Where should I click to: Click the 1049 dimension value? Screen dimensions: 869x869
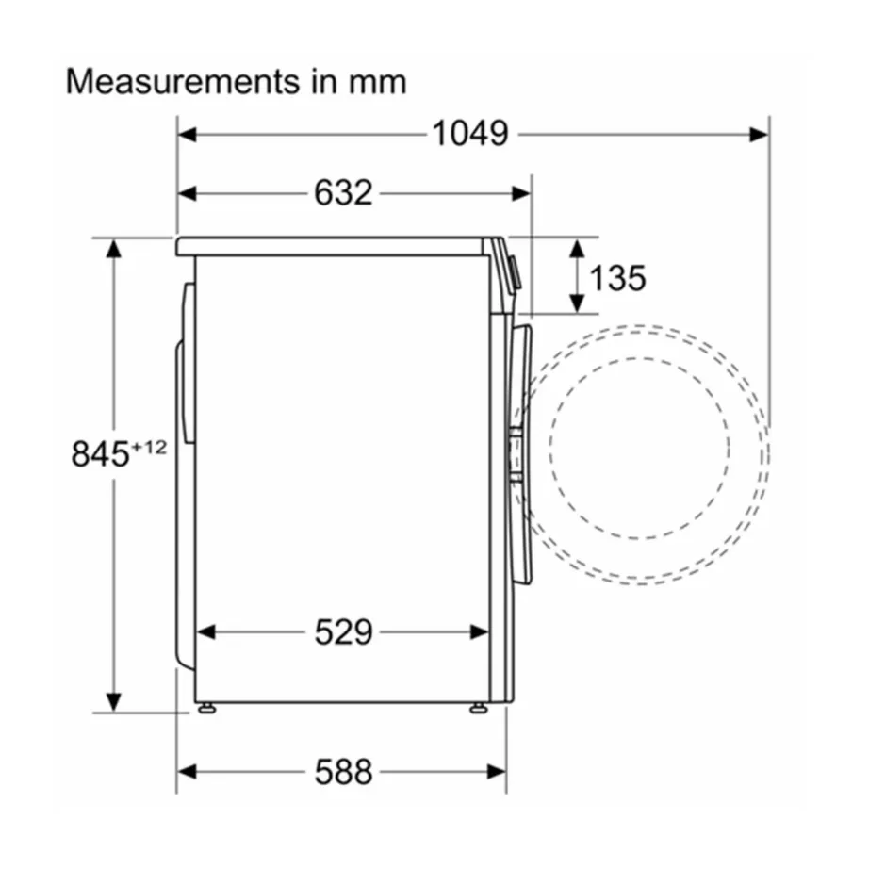click(x=469, y=134)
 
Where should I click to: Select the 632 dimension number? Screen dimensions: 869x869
click(x=343, y=193)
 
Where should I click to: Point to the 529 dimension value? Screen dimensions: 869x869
click(x=343, y=632)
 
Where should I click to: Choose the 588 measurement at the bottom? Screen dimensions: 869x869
click(x=343, y=772)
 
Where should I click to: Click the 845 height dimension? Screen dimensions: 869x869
click(x=100, y=454)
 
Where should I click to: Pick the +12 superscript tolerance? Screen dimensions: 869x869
click(x=148, y=447)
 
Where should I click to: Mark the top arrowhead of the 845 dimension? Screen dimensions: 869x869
click(x=114, y=248)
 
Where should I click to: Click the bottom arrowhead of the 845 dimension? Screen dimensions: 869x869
click(x=114, y=703)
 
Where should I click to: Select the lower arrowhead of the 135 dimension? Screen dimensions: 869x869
click(x=576, y=303)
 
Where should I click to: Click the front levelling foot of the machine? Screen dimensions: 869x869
click(x=479, y=707)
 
